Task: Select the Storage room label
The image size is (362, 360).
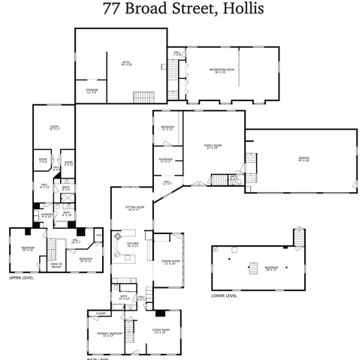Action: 92,91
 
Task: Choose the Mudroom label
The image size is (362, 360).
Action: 166,160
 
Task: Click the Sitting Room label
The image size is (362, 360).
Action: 131,209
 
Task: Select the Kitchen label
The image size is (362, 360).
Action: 132,244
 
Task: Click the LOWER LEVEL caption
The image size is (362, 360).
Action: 224,295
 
